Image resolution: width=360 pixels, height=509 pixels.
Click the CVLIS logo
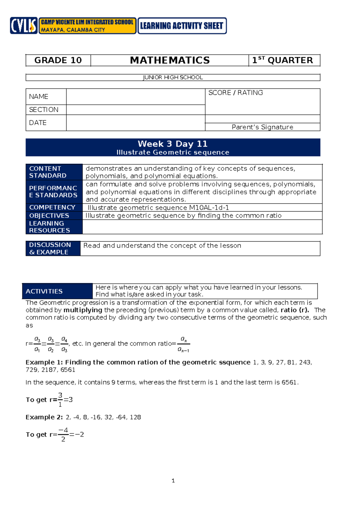pyautogui.click(x=23, y=26)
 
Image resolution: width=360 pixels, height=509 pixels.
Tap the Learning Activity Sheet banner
pyautogui.click(x=182, y=26)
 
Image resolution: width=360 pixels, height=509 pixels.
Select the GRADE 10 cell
pyautogui.click(x=58, y=60)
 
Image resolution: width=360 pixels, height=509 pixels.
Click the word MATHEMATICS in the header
pyautogui.click(x=170, y=60)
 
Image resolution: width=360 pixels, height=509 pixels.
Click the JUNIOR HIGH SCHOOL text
pyautogui.click(x=173, y=77)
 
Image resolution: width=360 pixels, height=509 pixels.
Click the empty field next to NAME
pyautogui.click(x=136, y=97)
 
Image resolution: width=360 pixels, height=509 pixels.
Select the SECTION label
pyautogui.click(x=44, y=110)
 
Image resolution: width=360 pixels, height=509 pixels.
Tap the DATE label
pyautogui.click(x=38, y=123)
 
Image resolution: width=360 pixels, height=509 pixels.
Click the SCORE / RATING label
pyautogui.click(x=235, y=93)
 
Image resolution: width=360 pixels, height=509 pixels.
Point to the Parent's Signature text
pyautogui.click(x=262, y=127)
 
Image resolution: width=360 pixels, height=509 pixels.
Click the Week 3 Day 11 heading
pyautogui.click(x=173, y=144)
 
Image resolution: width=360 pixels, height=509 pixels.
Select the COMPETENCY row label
pyautogui.click(x=52, y=207)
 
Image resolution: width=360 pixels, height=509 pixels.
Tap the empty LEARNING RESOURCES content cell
pyautogui.click(x=202, y=227)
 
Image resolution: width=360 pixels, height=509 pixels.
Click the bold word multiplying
pyautogui.click(x=83, y=310)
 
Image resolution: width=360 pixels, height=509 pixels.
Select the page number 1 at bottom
pyautogui.click(x=173, y=480)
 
